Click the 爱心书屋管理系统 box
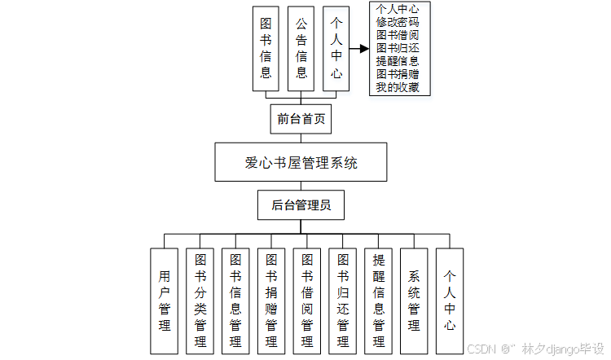(x=301, y=163)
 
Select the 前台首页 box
(x=301, y=119)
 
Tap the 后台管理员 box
(x=301, y=205)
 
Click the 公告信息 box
(x=301, y=48)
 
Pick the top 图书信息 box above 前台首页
(x=266, y=48)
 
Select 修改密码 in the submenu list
(x=398, y=22)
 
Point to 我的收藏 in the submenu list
(x=398, y=87)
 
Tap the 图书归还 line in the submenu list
(x=398, y=48)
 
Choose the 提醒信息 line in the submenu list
(x=398, y=61)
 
